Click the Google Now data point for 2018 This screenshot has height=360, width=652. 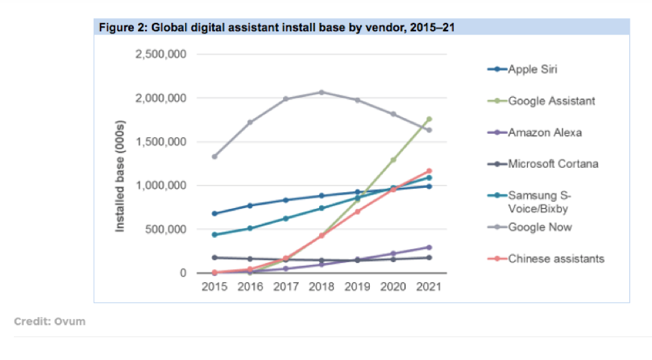[321, 92]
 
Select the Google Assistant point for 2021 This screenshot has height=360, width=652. [429, 119]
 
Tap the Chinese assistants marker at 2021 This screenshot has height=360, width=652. [429, 171]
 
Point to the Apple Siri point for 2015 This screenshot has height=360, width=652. [215, 214]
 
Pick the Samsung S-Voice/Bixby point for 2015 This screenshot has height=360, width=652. [215, 234]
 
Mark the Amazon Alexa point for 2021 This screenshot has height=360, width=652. [429, 247]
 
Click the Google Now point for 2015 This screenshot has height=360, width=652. [215, 157]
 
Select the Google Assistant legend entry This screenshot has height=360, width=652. [551, 101]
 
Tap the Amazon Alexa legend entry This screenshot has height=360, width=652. [545, 132]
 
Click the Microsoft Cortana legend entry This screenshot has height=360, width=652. [553, 164]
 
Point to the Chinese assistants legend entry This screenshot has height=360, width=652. [556, 259]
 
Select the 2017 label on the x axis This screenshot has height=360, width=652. [286, 286]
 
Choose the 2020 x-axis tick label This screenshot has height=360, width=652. [393, 286]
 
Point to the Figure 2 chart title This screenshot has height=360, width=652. [274, 27]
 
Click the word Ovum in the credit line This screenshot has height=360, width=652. [71, 322]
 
